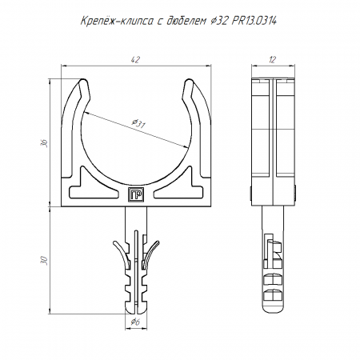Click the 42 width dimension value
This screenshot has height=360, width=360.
point(135,60)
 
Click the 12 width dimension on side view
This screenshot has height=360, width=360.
point(272,60)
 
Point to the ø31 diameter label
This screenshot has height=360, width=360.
point(138,123)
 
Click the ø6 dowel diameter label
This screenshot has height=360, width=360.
point(135,322)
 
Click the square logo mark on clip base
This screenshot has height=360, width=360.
point(136,194)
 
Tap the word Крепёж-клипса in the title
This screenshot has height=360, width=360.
point(117,21)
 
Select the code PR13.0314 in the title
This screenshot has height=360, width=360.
point(254,21)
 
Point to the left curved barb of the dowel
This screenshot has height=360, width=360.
point(122,252)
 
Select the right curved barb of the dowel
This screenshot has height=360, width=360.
point(151,252)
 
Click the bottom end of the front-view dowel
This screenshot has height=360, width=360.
point(136,313)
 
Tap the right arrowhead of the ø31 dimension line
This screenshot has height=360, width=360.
point(186,146)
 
